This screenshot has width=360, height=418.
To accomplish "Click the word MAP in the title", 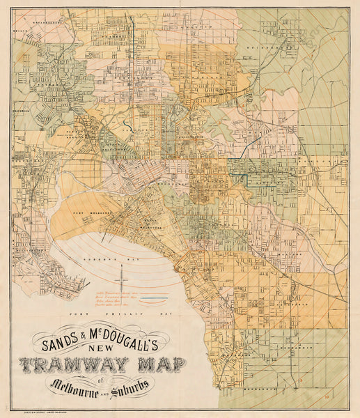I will [x=157, y=364].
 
